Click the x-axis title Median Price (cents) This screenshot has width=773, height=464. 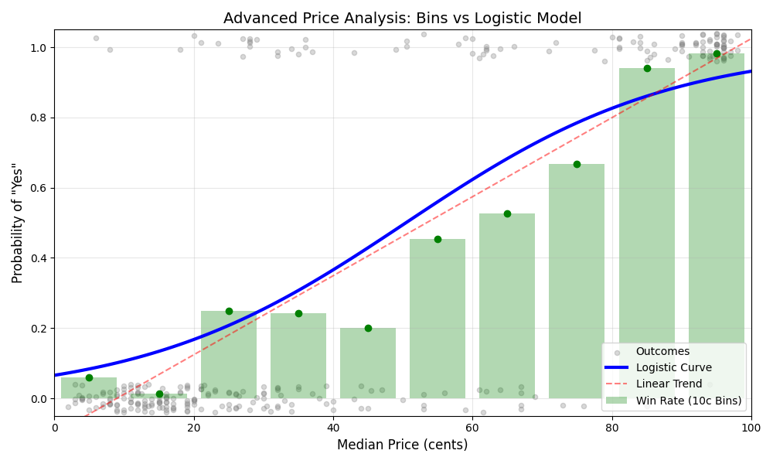402,445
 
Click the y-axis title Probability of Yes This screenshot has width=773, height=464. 18,223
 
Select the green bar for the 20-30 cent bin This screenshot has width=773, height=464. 229,355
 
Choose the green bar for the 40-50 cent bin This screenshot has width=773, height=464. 368,363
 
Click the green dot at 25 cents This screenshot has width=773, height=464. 229,311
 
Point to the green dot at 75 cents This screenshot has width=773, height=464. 577,164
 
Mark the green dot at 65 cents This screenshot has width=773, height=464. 507,213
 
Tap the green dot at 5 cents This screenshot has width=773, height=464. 89,377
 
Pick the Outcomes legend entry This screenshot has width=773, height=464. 662,351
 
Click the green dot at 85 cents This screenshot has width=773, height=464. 647,68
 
